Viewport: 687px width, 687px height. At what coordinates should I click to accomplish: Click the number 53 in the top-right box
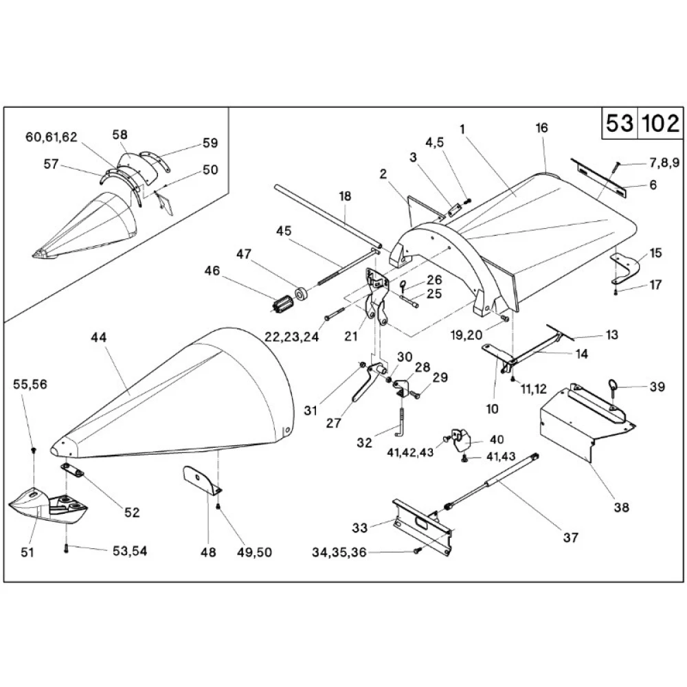pyautogui.click(x=620, y=124)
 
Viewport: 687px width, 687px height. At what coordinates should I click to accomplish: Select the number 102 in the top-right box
pyautogui.click(x=660, y=124)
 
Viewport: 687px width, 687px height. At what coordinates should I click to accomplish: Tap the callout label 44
pyautogui.click(x=100, y=337)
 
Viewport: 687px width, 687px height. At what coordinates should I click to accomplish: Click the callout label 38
pyautogui.click(x=621, y=508)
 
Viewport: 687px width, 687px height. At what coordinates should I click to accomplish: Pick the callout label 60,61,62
pyautogui.click(x=51, y=137)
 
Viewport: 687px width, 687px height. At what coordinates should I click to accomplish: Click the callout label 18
pyautogui.click(x=344, y=196)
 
